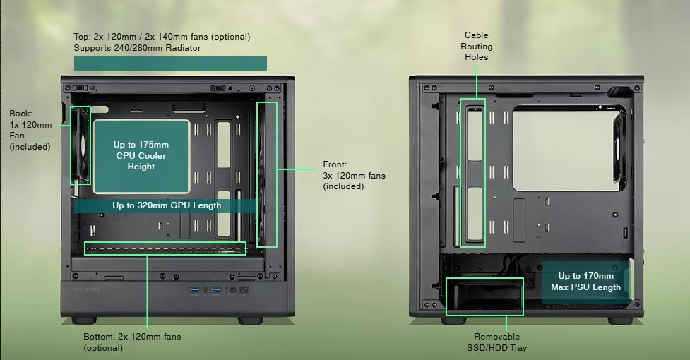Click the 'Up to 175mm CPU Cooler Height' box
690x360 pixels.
tap(141, 156)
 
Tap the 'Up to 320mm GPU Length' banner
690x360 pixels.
tap(166, 205)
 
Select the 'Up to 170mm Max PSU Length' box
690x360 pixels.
tap(585, 282)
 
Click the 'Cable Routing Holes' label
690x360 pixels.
tap(476, 46)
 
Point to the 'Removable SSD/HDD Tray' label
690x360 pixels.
tap(496, 342)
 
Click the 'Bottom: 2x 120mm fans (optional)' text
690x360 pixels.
tap(132, 342)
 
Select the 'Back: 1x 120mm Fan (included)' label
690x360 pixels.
tap(30, 130)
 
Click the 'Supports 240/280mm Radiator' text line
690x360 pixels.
tap(137, 48)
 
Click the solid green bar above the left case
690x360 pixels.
tap(170, 64)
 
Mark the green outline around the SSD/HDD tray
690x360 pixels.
tap(484, 296)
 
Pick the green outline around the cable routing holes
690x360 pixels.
tap(473, 172)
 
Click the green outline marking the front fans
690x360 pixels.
tap(267, 174)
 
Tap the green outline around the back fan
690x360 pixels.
tap(81, 145)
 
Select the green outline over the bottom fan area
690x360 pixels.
tap(165, 248)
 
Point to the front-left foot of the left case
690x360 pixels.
tap(83, 320)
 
